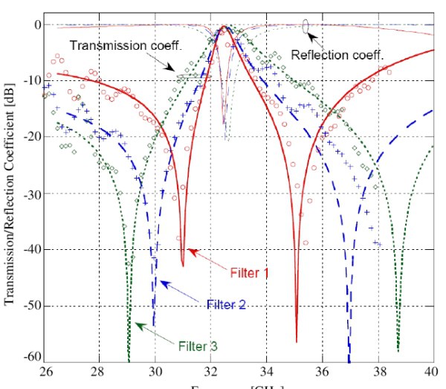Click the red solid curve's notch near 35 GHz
tap(296, 339)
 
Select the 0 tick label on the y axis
tap(36, 25)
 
